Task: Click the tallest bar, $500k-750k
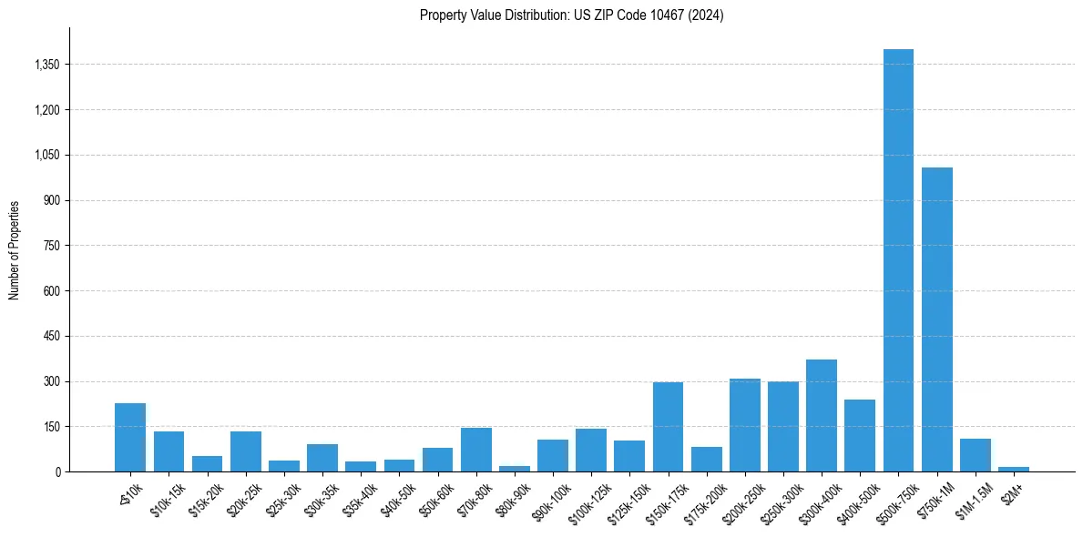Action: point(898,260)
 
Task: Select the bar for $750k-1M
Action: point(936,319)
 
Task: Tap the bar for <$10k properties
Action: point(130,438)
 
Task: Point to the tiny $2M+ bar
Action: point(1013,469)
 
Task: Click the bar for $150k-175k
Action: point(668,427)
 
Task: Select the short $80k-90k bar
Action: point(515,469)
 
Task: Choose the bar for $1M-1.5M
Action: point(975,455)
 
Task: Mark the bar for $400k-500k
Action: point(860,436)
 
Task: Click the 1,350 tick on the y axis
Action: point(46,65)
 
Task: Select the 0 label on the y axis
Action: point(56,472)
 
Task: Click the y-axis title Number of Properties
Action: point(15,250)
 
